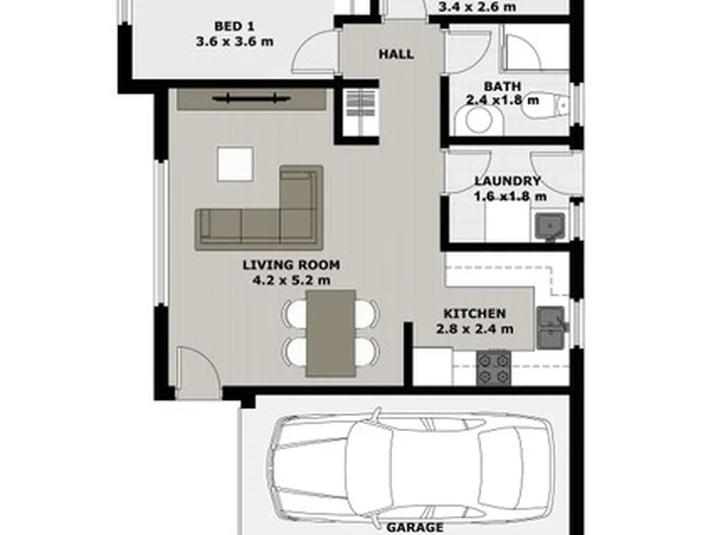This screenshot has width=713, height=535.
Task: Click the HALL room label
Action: click(x=396, y=54)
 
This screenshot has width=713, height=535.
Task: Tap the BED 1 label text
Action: click(x=234, y=27)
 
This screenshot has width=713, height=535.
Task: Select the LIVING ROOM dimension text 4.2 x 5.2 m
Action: click(x=291, y=280)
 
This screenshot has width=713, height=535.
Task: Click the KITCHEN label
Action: click(x=474, y=313)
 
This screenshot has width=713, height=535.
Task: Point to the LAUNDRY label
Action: click(x=508, y=181)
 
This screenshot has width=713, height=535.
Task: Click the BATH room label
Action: click(x=502, y=86)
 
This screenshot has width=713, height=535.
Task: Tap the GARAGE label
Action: click(x=415, y=528)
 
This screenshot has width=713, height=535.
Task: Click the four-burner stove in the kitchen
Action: click(x=493, y=369)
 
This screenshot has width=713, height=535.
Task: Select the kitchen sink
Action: click(x=552, y=328)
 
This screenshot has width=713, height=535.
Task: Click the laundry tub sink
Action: click(x=550, y=227)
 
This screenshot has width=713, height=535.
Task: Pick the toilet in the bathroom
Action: click(x=545, y=106)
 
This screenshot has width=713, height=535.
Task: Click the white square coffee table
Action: click(x=235, y=163)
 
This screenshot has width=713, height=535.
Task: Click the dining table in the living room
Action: click(x=331, y=334)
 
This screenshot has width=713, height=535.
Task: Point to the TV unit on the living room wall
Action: click(x=252, y=100)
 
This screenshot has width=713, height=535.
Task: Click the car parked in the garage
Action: click(x=412, y=468)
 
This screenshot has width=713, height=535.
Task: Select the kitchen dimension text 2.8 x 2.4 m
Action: click(x=474, y=329)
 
